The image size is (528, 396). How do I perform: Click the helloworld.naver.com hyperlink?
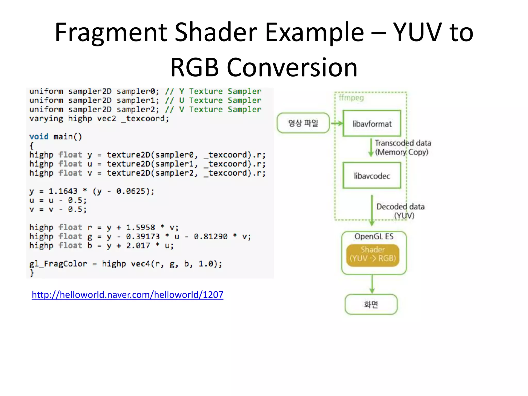click(127, 294)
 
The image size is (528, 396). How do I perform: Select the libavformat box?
click(372, 123)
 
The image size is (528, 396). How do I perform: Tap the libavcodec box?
click(372, 175)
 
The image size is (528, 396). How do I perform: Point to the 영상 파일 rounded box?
click(303, 123)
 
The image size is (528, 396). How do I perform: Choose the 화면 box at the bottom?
click(371, 304)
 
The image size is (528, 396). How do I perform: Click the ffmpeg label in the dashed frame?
click(351, 98)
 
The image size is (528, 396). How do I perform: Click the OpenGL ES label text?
click(374, 236)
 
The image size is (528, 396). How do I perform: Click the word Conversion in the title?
click(292, 68)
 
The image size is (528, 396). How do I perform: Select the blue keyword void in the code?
click(39, 136)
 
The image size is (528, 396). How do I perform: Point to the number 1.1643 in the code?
click(63, 191)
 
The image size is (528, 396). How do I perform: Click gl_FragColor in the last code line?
click(58, 264)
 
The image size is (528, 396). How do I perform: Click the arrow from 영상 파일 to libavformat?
click(337, 123)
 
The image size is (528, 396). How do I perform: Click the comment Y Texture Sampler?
click(220, 91)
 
